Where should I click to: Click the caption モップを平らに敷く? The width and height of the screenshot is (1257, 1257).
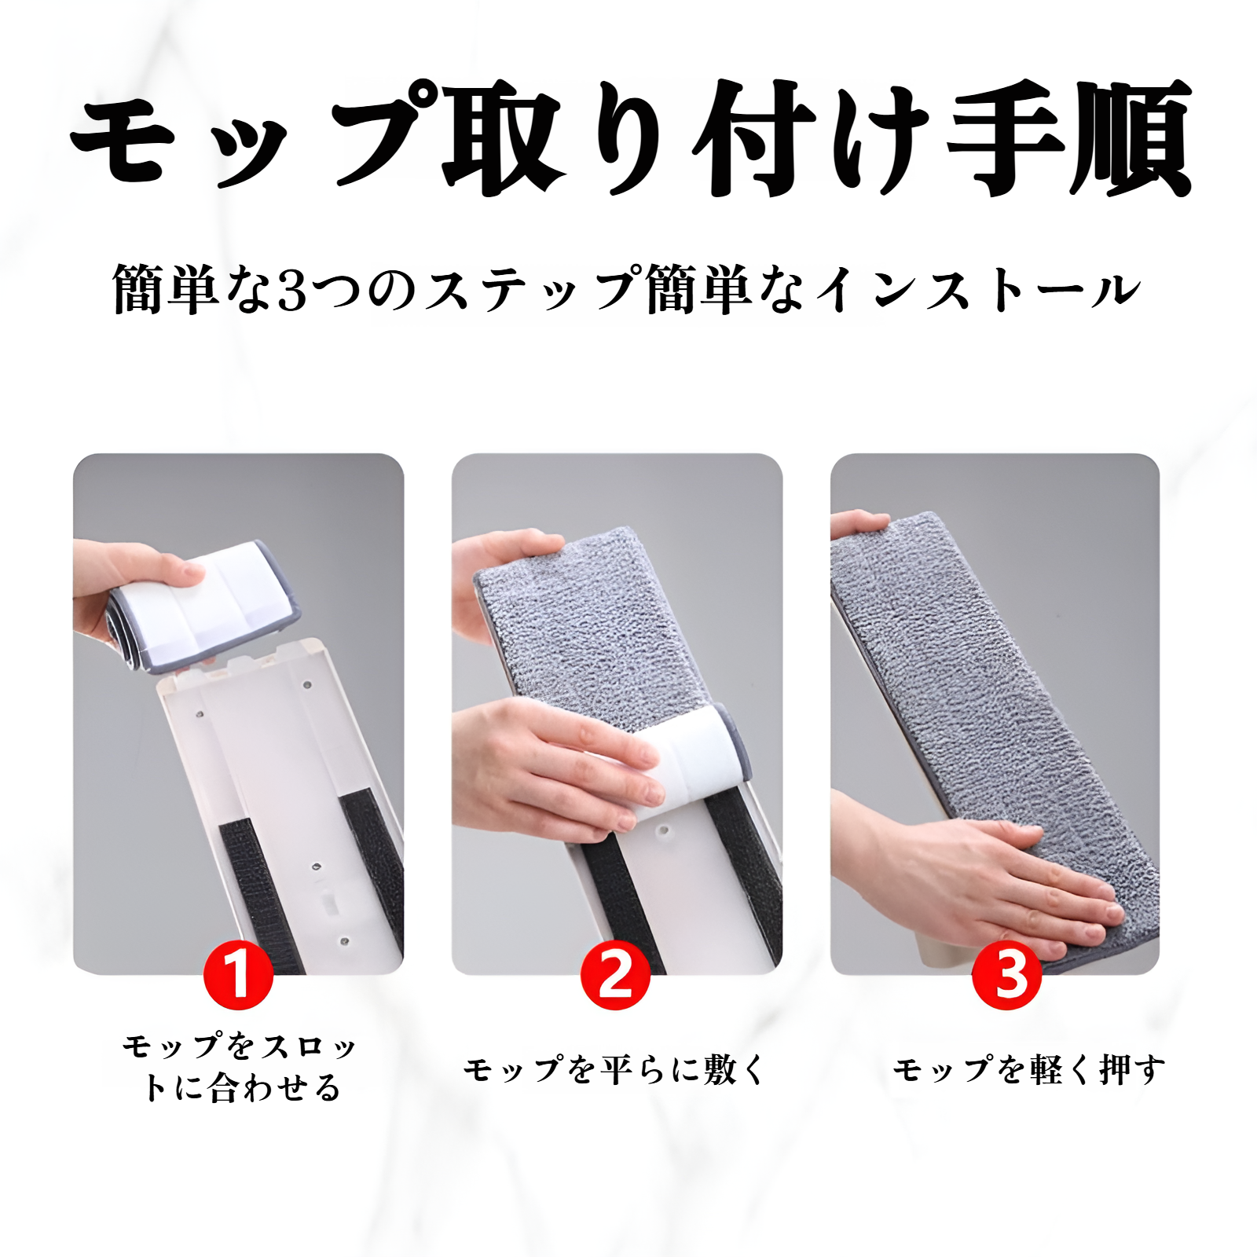tap(614, 1070)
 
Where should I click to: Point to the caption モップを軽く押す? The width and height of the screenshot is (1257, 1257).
tap(1028, 1070)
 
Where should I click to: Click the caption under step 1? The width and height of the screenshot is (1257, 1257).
tap(240, 1068)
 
